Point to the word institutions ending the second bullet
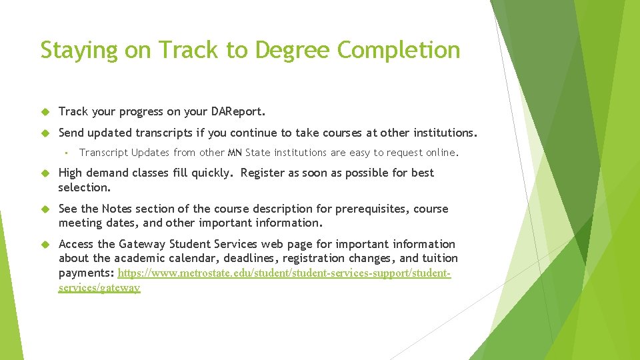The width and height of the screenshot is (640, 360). tap(441, 133)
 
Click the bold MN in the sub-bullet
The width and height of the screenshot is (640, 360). tap(235, 153)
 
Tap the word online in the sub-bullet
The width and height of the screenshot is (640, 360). tap(439, 153)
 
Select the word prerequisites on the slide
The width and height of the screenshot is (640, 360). tap(372, 209)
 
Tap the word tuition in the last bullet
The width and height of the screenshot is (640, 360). tap(440, 258)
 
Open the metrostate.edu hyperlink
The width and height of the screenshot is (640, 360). tap(284, 273)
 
